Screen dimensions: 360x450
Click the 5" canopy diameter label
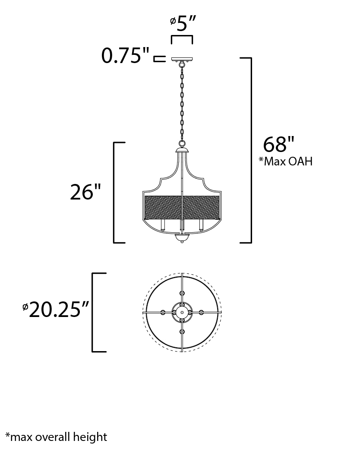coord(183,23)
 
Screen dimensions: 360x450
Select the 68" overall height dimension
coord(279,144)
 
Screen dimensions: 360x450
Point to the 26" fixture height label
coord(85,192)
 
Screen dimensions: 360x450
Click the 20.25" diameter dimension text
coord(56,310)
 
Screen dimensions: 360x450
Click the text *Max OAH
coord(286,161)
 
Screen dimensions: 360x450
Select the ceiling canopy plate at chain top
coord(182,60)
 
